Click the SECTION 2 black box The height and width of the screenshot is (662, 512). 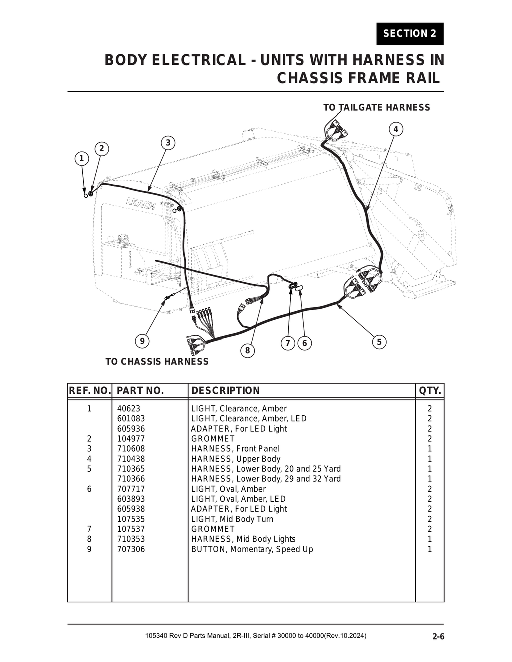410,34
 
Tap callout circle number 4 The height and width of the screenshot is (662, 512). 396,129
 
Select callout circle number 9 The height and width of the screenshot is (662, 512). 142,341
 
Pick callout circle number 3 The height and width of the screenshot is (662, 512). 168,143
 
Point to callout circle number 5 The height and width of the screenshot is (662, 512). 379,342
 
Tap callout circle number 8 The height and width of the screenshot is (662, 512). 247,350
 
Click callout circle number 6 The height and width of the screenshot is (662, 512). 304,343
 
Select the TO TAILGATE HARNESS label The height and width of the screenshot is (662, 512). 376,108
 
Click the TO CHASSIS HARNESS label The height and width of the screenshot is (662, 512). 157,362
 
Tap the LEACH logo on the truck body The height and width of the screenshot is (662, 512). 141,203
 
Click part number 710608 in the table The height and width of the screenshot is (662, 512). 131,449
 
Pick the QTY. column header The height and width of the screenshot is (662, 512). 430,391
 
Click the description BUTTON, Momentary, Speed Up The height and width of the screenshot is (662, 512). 252,549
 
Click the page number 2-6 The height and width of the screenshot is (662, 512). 438,637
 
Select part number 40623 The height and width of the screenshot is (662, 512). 128,409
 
